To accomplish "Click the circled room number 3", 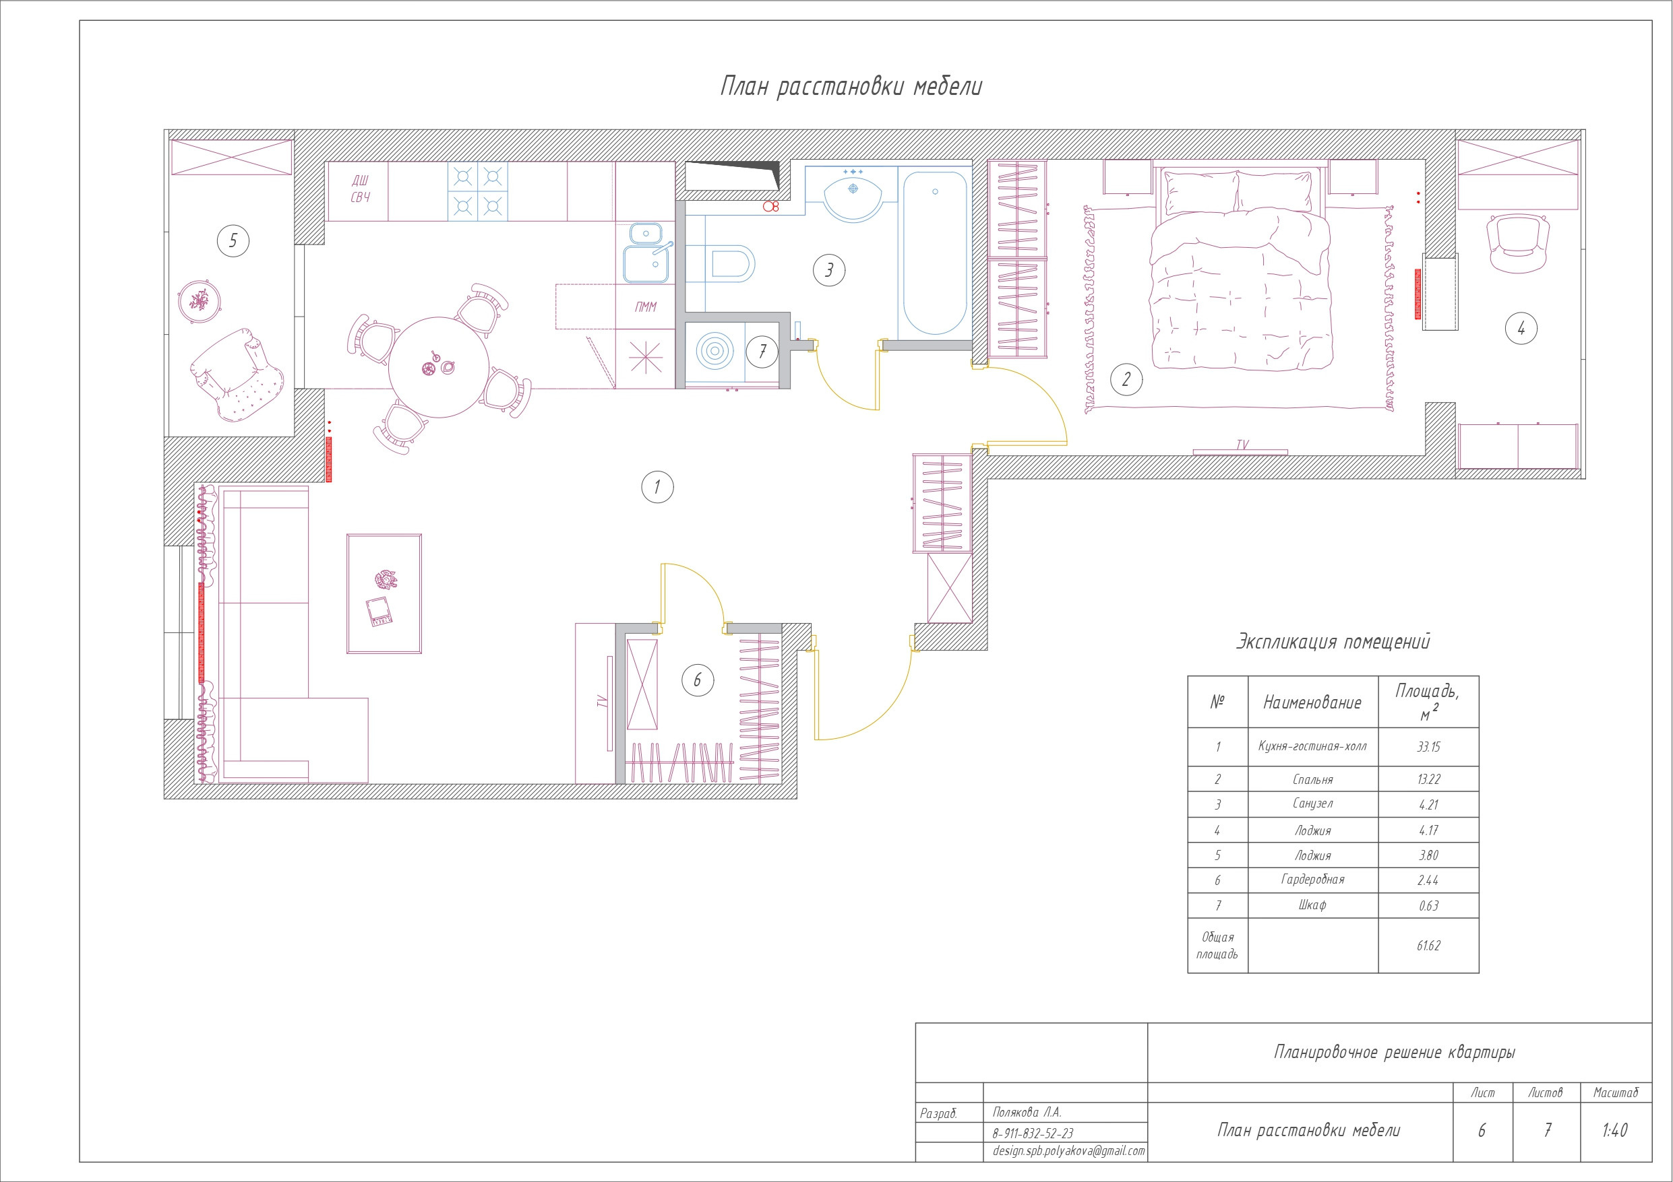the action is pyautogui.click(x=828, y=270).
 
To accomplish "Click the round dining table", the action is pyautogui.click(x=439, y=366).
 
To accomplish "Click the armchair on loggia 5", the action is pyautogui.click(x=237, y=374).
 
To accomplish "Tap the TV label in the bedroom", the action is pyautogui.click(x=1242, y=445).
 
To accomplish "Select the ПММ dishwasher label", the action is pyautogui.click(x=645, y=306).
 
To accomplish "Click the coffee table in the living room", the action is pyautogui.click(x=384, y=593).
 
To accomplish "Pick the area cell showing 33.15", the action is pyautogui.click(x=1428, y=746).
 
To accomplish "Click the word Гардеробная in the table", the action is pyautogui.click(x=1312, y=880).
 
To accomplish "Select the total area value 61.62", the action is pyautogui.click(x=1428, y=946).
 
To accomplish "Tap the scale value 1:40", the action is pyautogui.click(x=1615, y=1130).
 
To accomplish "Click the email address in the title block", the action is pyautogui.click(x=1068, y=1151).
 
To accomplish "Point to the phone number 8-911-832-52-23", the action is pyautogui.click(x=1033, y=1134).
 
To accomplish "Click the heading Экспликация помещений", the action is pyautogui.click(x=1333, y=642).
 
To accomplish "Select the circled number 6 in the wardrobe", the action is pyautogui.click(x=698, y=680).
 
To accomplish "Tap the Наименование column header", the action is pyautogui.click(x=1312, y=702).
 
